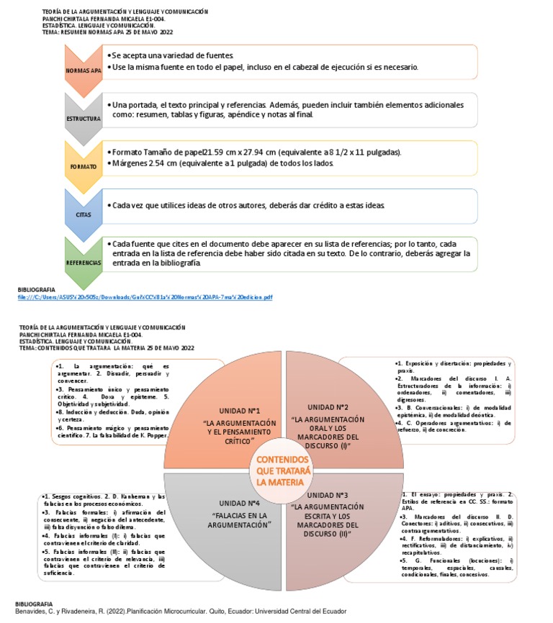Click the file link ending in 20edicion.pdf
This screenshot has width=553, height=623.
click(x=145, y=296)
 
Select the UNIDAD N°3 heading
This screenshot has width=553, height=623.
click(x=328, y=495)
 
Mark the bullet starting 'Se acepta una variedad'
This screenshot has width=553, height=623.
click(x=172, y=55)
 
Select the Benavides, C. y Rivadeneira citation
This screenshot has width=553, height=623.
click(x=181, y=611)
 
